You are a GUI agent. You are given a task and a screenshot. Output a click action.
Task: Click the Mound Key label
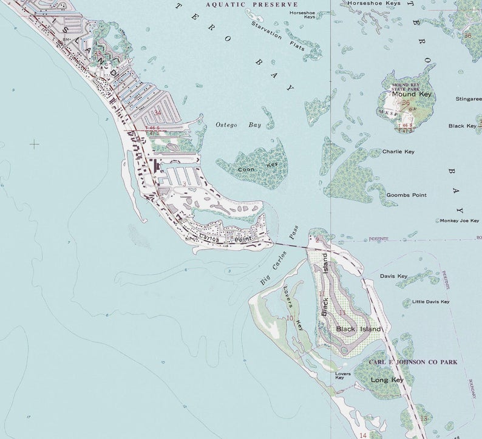(411, 94)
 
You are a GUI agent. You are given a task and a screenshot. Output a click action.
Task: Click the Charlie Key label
(398, 151)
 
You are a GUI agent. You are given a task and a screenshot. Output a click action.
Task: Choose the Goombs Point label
(406, 195)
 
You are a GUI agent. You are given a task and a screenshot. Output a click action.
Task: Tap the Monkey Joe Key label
(460, 220)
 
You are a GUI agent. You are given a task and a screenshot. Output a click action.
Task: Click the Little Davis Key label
(430, 302)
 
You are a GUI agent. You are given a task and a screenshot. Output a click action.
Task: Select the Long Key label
(387, 379)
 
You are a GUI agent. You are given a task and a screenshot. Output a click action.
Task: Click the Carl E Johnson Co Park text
(413, 362)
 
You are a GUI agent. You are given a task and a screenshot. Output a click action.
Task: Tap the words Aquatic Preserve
(243, 4)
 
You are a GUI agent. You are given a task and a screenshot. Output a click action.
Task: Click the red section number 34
(157, 112)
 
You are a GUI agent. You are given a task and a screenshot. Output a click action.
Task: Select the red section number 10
(290, 318)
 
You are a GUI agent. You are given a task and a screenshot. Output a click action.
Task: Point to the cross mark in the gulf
(34, 144)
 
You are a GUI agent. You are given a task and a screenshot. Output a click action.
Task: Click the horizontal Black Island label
(358, 329)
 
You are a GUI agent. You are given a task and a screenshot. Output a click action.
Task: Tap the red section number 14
(362, 435)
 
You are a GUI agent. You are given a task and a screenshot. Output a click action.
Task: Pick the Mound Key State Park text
(406, 86)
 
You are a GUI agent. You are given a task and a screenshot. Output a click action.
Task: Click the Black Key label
(463, 126)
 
